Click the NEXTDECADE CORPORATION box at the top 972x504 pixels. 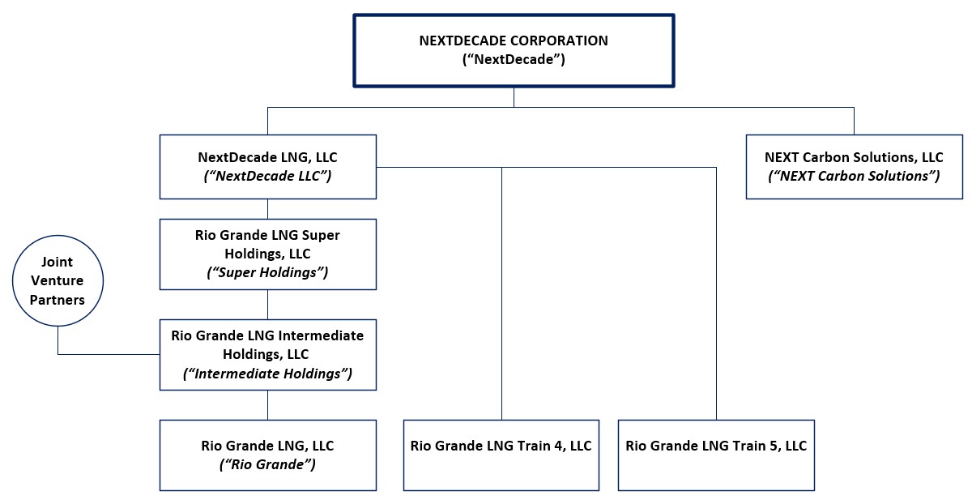click(x=514, y=50)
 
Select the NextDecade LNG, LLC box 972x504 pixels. click(x=267, y=166)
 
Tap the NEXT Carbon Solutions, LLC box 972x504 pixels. click(x=854, y=166)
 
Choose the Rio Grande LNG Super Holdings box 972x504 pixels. click(x=267, y=254)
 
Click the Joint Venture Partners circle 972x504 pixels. click(x=58, y=281)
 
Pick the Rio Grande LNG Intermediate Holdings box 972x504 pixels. click(x=267, y=354)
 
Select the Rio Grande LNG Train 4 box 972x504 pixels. click(x=501, y=455)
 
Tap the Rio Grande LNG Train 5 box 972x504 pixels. click(x=716, y=455)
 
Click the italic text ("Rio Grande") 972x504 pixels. click(x=267, y=464)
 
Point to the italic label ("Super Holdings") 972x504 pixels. click(x=267, y=273)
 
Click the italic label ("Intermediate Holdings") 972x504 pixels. click(x=267, y=373)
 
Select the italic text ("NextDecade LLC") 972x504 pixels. click(x=267, y=176)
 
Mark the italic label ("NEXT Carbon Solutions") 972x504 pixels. click(x=854, y=176)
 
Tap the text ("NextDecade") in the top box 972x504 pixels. click(x=514, y=59)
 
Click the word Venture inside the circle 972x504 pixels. click(x=58, y=281)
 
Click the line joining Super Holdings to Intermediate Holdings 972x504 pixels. click(x=267, y=304)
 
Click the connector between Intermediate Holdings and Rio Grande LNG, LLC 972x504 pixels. click(x=267, y=404)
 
